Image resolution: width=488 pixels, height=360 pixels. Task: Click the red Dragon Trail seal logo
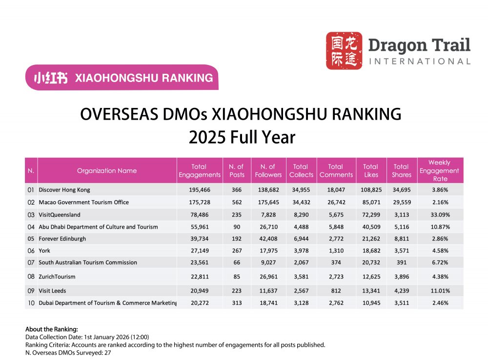(x=344, y=50)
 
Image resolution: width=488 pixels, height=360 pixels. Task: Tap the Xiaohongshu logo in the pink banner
(x=50, y=78)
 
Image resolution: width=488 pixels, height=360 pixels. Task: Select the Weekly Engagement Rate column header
(x=439, y=170)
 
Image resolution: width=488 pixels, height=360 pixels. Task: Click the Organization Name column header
(x=107, y=170)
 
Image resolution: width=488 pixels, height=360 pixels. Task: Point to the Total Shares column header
(x=401, y=170)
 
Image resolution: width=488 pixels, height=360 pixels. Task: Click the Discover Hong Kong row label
(x=64, y=190)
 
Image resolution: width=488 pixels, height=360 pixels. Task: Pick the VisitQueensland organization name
(x=60, y=214)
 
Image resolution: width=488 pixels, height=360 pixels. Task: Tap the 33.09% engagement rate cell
(x=439, y=214)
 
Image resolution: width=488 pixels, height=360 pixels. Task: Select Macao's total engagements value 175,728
(x=199, y=202)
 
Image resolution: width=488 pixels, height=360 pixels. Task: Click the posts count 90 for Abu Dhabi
(x=236, y=227)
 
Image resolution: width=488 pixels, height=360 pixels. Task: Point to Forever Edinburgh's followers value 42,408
(x=268, y=238)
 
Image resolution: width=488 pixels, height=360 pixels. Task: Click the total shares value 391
(x=401, y=262)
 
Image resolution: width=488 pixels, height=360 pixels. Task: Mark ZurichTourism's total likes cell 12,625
(x=371, y=276)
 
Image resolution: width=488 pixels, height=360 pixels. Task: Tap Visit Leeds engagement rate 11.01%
(x=439, y=291)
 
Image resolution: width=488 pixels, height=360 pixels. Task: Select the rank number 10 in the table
(x=31, y=303)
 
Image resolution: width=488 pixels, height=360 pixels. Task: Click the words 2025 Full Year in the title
(x=242, y=137)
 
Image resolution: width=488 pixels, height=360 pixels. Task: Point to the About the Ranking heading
(x=51, y=329)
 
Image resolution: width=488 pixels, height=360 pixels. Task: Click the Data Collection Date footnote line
(x=87, y=337)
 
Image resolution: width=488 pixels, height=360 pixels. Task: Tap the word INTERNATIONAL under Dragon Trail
(x=419, y=62)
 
